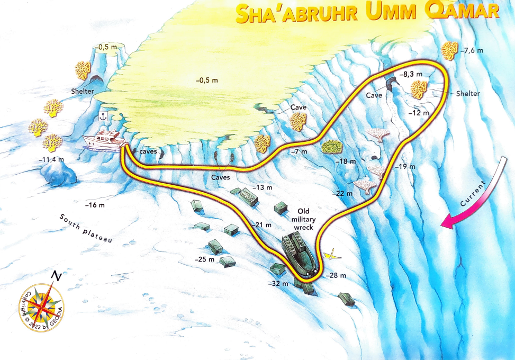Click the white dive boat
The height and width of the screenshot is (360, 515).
(104, 140)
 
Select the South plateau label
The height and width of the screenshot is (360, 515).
(86, 229)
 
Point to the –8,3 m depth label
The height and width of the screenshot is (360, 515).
(410, 75)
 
